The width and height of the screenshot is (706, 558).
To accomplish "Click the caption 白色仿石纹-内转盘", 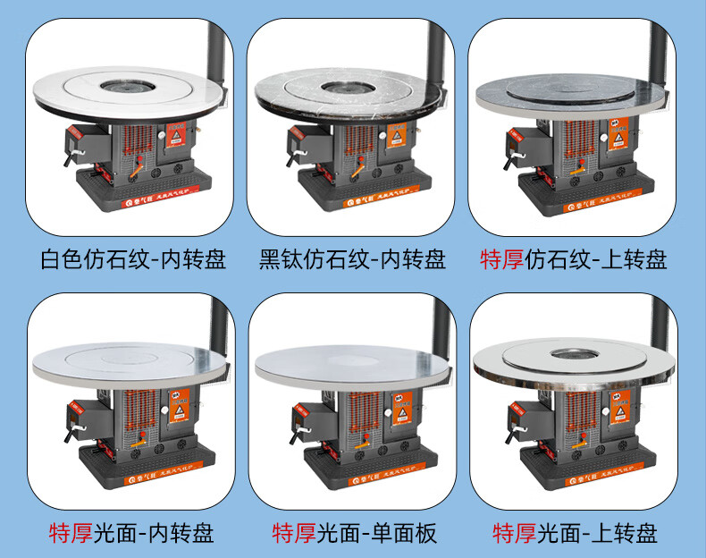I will [x=133, y=260].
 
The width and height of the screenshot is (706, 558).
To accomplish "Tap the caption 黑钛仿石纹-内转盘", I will [x=353, y=260].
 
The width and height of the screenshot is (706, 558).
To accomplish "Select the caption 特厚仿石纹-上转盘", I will [x=574, y=260].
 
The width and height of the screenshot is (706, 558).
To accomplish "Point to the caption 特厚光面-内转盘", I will [x=131, y=534].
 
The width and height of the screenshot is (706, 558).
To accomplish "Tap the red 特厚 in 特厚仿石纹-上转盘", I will [x=501, y=260].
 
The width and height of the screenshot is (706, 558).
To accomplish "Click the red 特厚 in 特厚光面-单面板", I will [x=293, y=534].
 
